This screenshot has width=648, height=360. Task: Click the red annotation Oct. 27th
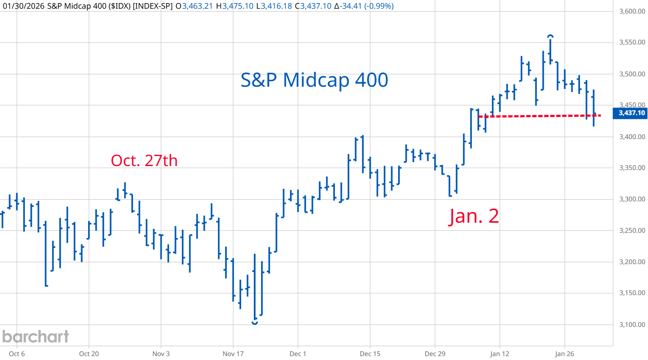144,160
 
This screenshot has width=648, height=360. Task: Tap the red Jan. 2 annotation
474,216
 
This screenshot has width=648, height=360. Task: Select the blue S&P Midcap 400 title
314,80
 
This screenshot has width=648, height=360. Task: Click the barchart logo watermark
36,336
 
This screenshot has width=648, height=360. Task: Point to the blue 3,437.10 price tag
631,113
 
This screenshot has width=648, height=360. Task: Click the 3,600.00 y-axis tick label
632,11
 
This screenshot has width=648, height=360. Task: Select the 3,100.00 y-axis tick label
632,325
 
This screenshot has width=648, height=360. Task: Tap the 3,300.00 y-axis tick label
632,199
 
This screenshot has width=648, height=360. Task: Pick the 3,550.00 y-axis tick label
632,42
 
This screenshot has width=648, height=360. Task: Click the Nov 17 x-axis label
233,353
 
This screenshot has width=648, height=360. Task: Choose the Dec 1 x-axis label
298,353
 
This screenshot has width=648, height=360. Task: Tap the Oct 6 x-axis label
17,353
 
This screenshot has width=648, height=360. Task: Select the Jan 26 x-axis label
565,353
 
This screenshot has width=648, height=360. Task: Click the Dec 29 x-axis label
435,353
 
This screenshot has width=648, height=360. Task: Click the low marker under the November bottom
255,323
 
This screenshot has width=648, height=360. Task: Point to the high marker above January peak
550,36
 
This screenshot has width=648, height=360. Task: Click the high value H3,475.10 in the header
235,6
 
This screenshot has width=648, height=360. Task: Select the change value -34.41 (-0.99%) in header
364,6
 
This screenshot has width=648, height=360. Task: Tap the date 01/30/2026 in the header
22,6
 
